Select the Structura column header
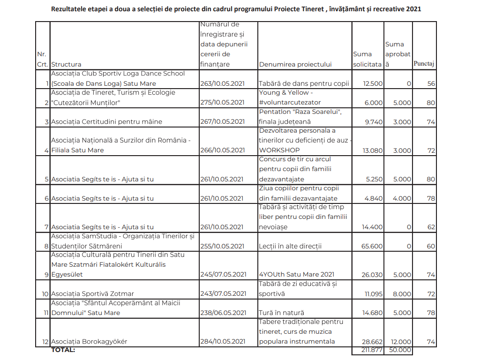[x=66, y=64]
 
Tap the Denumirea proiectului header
[x=295, y=64]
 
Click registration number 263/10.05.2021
[x=222, y=83]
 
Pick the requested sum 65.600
[x=372, y=246]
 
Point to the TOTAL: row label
[x=63, y=350]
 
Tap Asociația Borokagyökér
[x=89, y=341]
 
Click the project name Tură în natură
[x=281, y=313]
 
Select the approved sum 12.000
[x=401, y=342]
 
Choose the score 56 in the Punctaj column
[x=431, y=84]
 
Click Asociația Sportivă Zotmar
[x=92, y=294]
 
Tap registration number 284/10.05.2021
[x=223, y=341]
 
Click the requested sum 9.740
[x=374, y=122]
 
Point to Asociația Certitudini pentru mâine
[x=106, y=122]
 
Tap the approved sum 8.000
[x=402, y=294]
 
